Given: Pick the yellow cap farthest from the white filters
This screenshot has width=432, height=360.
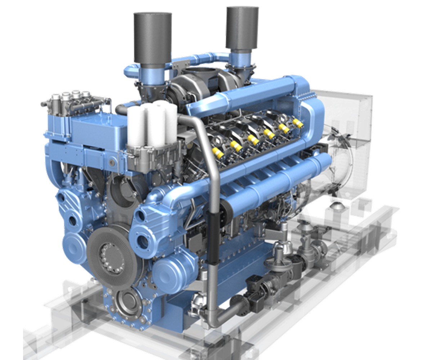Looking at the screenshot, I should coord(298,122).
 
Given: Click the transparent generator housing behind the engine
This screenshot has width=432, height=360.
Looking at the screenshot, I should coord(346,144).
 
